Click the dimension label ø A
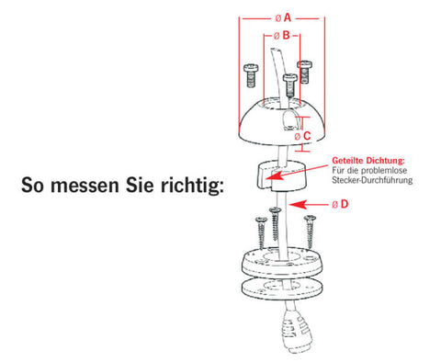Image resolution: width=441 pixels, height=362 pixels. click(x=283, y=18)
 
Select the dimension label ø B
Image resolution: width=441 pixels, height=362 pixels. click(x=281, y=36)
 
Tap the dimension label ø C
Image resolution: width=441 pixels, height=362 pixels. click(x=302, y=136)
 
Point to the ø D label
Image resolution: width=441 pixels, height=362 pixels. click(x=340, y=204)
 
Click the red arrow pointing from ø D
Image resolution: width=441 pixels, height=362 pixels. click(x=308, y=204)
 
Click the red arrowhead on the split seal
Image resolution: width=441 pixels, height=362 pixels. click(x=273, y=176)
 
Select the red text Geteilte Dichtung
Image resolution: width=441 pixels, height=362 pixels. click(x=368, y=160)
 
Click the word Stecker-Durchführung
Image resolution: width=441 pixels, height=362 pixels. click(x=372, y=180)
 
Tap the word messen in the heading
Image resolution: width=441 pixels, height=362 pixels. click(x=85, y=186)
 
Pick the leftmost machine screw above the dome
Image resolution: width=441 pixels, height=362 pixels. click(x=251, y=75)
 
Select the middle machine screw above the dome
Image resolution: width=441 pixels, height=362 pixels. click(x=290, y=85)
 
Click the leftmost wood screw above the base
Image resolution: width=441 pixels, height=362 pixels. click(x=261, y=232)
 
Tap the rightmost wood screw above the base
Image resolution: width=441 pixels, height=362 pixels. click(x=310, y=232)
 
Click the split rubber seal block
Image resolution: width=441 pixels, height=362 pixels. click(x=280, y=175)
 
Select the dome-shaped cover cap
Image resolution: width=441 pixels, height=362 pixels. click(x=281, y=121)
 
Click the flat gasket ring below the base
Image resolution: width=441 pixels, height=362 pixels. click(x=281, y=288)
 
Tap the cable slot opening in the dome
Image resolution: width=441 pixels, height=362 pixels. click(x=288, y=120)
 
